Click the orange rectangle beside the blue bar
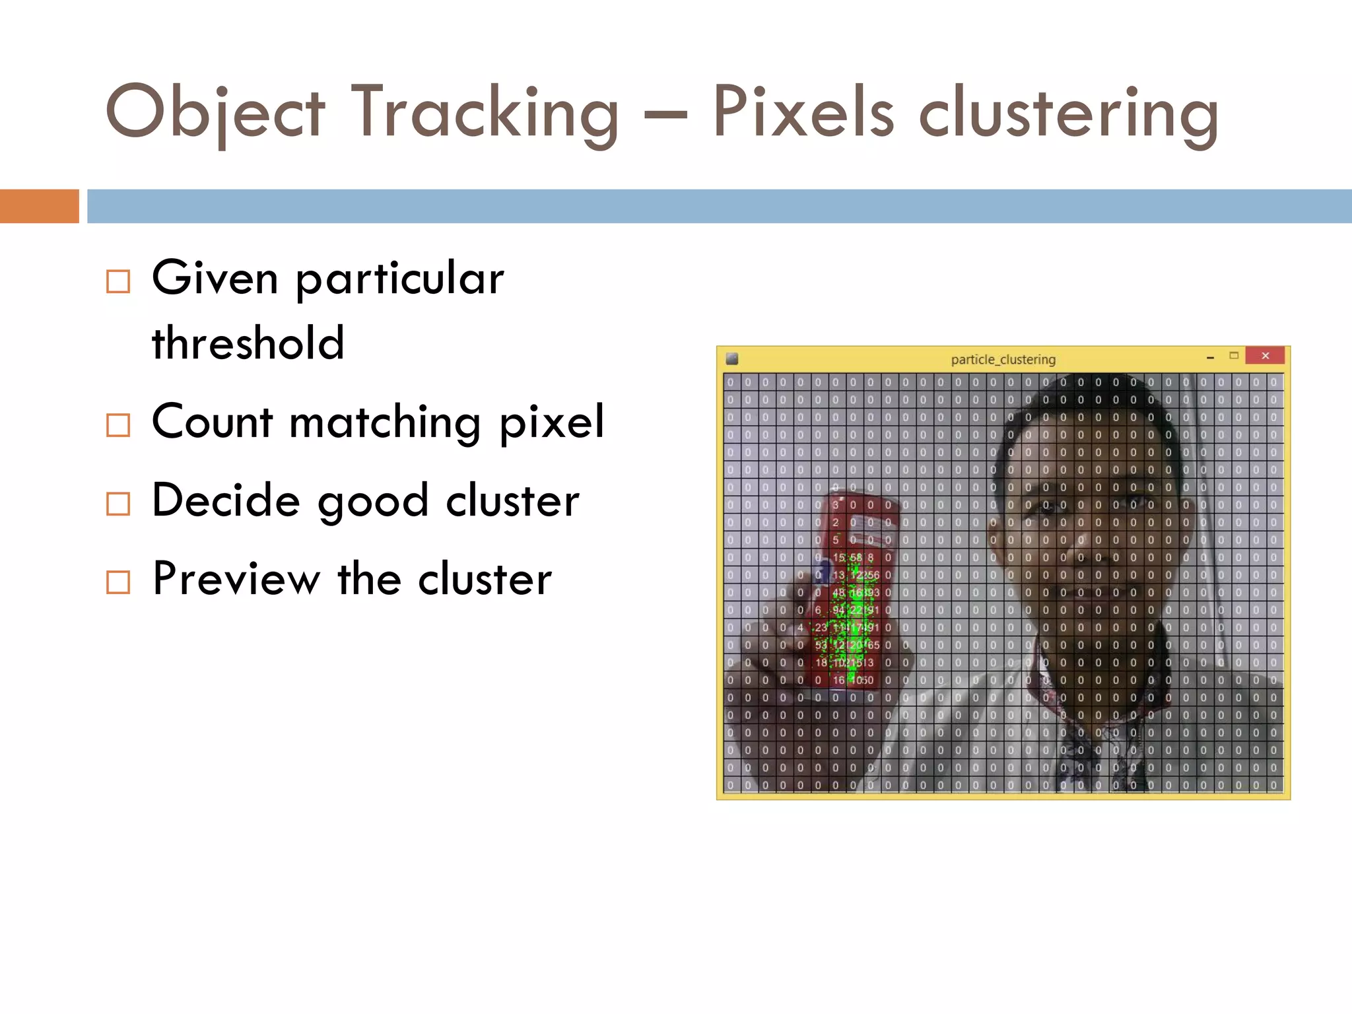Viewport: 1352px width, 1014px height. point(39,206)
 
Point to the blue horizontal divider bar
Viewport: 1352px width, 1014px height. point(719,206)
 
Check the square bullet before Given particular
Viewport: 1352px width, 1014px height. point(118,281)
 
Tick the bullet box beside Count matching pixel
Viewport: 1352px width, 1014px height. point(118,425)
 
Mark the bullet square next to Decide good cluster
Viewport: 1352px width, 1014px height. point(118,504)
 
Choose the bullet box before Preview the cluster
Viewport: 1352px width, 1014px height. point(118,582)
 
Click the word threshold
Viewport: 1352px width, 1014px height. point(248,343)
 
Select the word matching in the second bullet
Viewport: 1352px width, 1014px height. point(385,422)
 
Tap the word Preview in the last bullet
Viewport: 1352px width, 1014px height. point(236,579)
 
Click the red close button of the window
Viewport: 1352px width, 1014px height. point(1265,356)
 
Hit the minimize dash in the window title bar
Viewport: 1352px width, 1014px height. point(1210,357)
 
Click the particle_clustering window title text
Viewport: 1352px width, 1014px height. point(1003,359)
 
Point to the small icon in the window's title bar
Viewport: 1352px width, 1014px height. point(731,359)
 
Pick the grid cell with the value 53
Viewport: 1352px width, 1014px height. point(821,645)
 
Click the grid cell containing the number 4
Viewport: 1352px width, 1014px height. point(800,628)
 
